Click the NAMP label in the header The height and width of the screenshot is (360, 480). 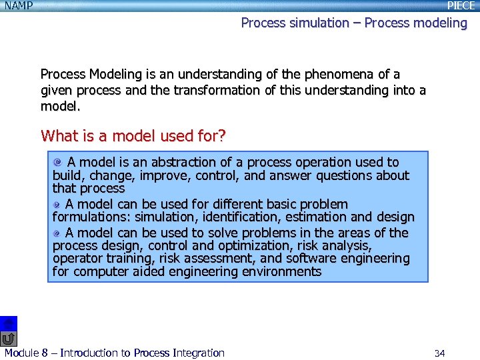pos(19,6)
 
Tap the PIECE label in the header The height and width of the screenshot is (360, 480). pos(461,6)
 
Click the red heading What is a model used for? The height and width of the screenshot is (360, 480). pos(133,136)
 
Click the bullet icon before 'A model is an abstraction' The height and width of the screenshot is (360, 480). pos(59,162)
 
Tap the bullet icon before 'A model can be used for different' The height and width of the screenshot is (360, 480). pos(57,204)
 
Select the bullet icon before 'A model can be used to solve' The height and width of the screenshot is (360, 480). pos(57,233)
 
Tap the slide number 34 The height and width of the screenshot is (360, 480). pos(439,353)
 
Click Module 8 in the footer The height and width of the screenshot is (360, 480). pos(26,353)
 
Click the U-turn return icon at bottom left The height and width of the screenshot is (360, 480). pos(8,339)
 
